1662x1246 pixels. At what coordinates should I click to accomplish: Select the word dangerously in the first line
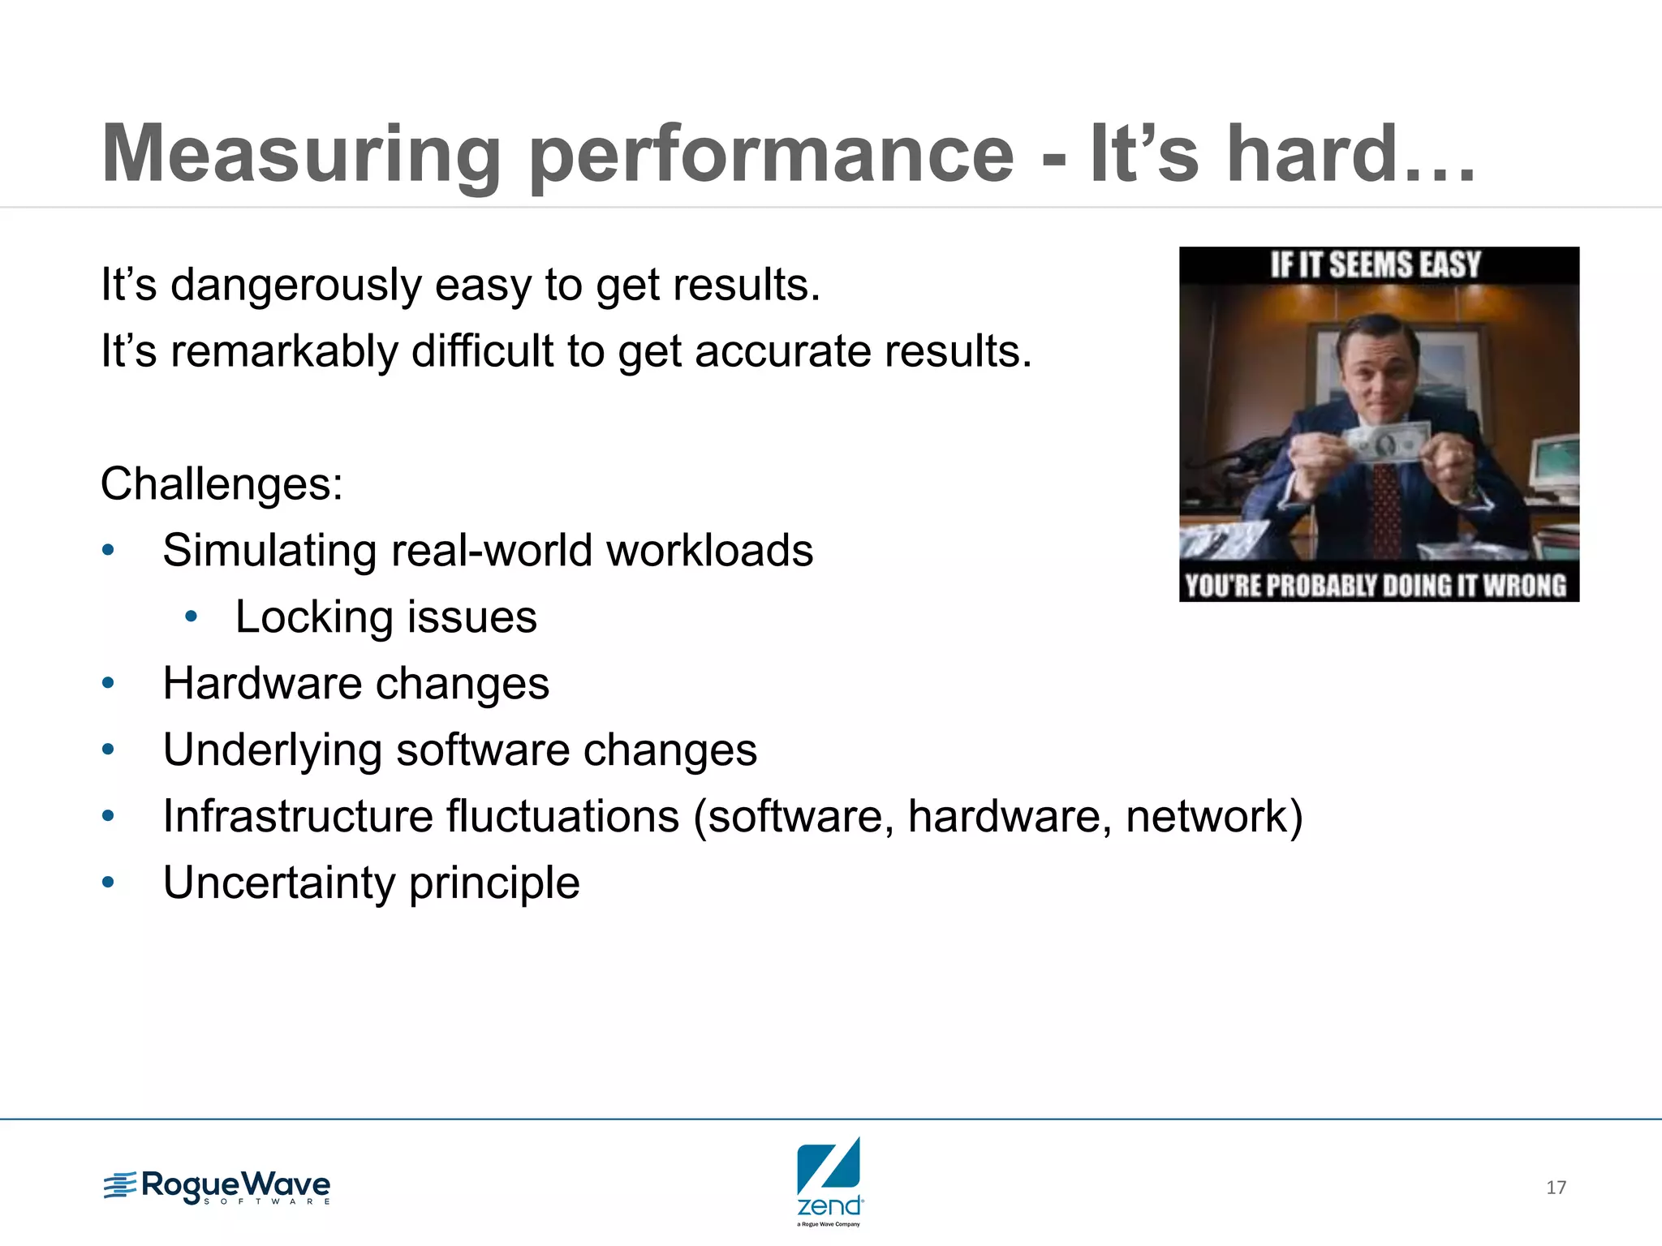pyautogui.click(x=295, y=286)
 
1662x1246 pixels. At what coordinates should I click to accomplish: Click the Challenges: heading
pyautogui.click(x=222, y=484)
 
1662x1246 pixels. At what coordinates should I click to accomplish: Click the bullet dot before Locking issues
pyautogui.click(x=192, y=617)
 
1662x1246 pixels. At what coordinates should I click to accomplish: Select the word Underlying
pyautogui.click(x=272, y=750)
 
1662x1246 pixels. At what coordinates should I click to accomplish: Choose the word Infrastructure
pyautogui.click(x=420, y=816)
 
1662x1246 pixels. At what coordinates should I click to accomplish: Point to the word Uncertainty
pyautogui.click(x=278, y=883)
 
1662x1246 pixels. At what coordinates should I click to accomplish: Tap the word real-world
pyautogui.click(x=492, y=551)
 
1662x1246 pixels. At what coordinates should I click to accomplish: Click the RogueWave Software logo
pyautogui.click(x=217, y=1188)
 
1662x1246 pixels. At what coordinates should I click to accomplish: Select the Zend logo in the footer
pyautogui.click(x=829, y=1180)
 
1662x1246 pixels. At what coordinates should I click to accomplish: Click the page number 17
pyautogui.click(x=1556, y=1188)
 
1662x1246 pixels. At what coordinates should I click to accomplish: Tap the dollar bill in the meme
pyautogui.click(x=1385, y=444)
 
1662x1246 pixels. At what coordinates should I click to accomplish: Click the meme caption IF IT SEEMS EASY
pyautogui.click(x=1376, y=265)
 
